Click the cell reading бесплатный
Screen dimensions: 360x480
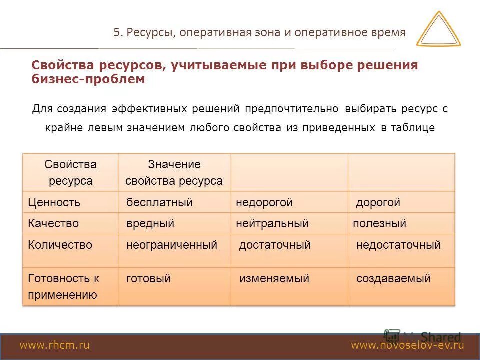click(x=159, y=202)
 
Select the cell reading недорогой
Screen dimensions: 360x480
click(x=264, y=202)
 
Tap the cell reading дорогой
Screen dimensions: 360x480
click(x=378, y=203)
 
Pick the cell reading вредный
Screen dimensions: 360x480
click(x=150, y=223)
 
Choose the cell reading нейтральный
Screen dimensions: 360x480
click(x=272, y=223)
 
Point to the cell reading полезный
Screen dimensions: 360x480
click(x=379, y=223)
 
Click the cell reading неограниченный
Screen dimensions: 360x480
click(x=172, y=245)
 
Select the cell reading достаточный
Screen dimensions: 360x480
click(x=275, y=245)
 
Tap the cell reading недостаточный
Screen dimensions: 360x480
click(x=398, y=245)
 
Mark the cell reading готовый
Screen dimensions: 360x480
click(x=148, y=278)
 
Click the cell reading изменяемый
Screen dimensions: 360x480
click(x=274, y=278)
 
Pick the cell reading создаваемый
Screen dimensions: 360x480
click(x=393, y=278)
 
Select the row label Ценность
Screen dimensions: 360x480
click(x=54, y=202)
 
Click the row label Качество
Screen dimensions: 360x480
click(x=53, y=223)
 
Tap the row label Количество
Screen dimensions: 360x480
click(x=60, y=245)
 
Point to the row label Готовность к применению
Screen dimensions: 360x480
click(x=63, y=286)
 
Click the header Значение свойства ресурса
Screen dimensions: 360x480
click(x=174, y=172)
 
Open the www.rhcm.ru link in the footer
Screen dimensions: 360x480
click(x=54, y=345)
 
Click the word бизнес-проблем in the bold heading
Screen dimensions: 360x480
click(x=88, y=79)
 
